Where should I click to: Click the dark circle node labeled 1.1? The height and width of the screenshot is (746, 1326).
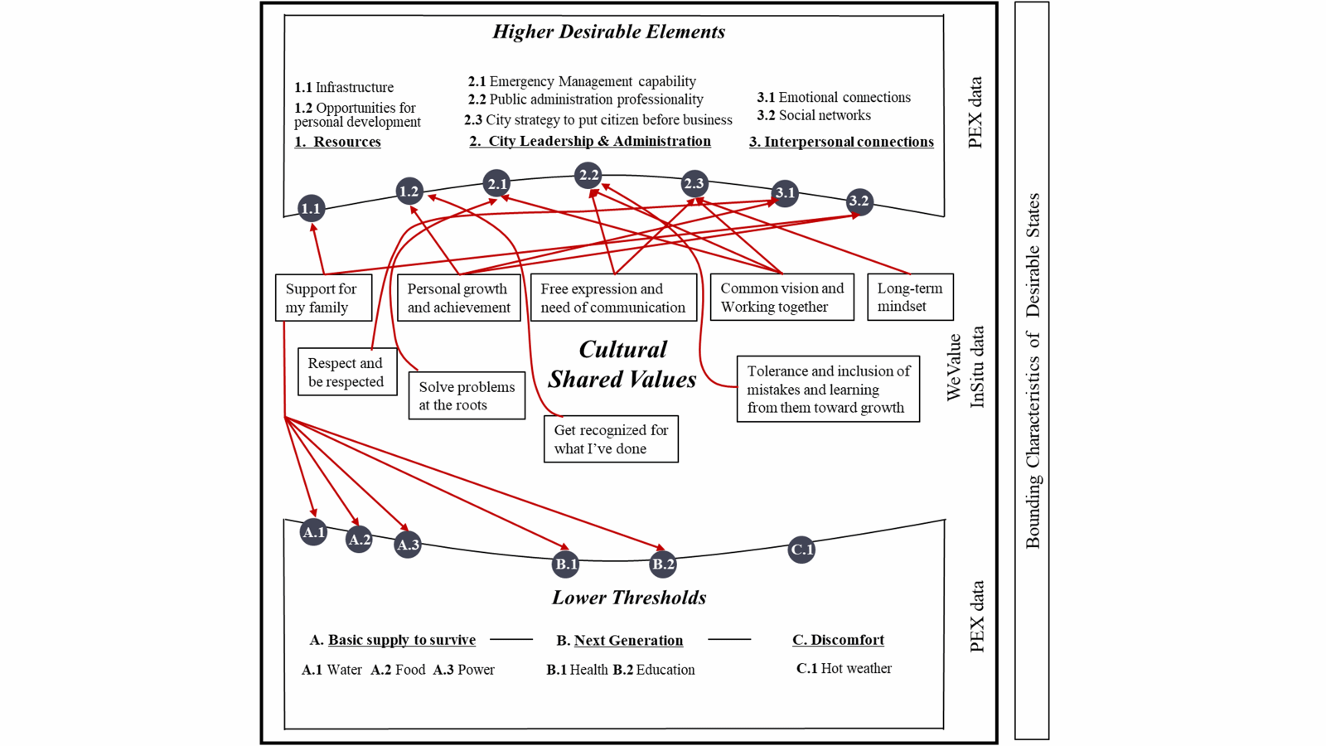coord(311,209)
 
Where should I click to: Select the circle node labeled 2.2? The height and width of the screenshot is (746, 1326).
coord(588,175)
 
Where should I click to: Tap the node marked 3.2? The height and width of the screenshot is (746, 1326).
coord(859,201)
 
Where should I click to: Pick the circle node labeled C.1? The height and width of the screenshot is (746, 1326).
coord(801,550)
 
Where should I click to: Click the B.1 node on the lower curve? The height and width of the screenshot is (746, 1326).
coord(566,564)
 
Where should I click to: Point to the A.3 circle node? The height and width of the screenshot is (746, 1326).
coord(408,545)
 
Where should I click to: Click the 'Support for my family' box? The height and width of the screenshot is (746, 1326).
coord(323,298)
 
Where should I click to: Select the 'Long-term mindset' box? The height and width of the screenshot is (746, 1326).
coord(910,297)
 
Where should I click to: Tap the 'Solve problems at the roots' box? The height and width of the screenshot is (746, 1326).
coord(467,395)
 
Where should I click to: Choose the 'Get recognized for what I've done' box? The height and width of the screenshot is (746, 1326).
coord(611,439)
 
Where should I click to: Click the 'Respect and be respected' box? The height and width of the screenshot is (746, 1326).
coord(346,372)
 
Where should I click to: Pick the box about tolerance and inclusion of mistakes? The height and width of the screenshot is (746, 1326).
coord(828,390)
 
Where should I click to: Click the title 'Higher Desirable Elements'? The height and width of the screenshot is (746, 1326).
coord(609,32)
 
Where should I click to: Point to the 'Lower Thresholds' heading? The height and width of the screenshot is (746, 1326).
coord(629,598)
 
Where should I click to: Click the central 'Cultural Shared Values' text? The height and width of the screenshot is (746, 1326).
coord(622,365)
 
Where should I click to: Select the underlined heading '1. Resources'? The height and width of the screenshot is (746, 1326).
coord(338,142)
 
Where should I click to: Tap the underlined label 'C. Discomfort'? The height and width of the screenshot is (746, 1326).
coord(838,640)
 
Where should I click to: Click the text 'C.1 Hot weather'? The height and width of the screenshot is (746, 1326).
coord(844,668)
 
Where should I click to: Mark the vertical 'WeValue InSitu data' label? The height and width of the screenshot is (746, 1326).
coord(965,367)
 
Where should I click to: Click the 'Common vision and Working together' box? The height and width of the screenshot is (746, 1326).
coord(782,297)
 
